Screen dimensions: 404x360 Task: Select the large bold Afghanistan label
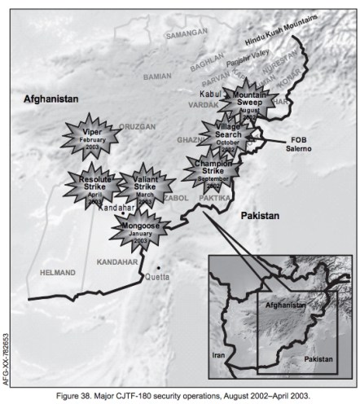(x=50, y=98)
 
